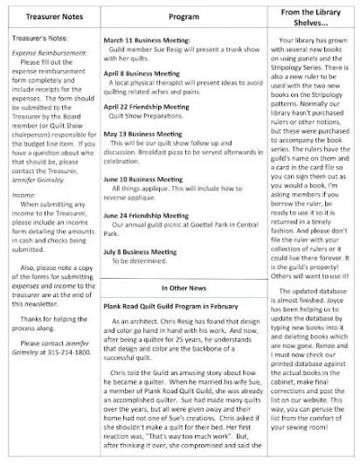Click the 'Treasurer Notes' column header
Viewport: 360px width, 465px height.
click(x=49, y=17)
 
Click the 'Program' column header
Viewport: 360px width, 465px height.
click(x=182, y=17)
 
